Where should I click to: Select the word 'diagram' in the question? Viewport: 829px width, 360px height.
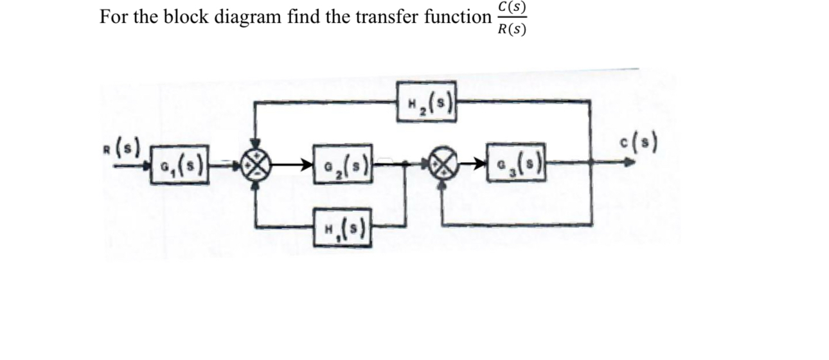click(246, 17)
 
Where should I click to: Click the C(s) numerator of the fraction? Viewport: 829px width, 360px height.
click(512, 8)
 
